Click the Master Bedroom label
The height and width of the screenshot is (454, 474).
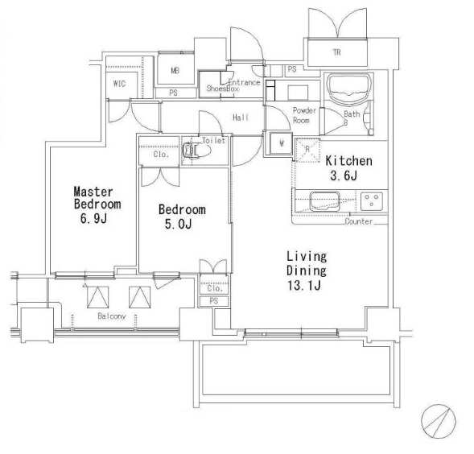[97, 198]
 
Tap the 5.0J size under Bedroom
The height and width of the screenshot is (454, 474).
[179, 224]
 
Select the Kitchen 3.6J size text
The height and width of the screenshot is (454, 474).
[344, 175]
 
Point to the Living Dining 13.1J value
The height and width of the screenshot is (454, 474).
[304, 285]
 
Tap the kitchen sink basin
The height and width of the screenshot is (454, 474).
[324, 201]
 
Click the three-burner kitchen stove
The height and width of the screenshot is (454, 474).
[372, 200]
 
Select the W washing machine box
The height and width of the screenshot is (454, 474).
[281, 143]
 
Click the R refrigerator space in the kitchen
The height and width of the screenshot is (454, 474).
[307, 150]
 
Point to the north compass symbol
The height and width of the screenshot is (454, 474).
[439, 421]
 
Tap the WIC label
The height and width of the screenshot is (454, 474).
[119, 84]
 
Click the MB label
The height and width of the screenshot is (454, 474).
[175, 71]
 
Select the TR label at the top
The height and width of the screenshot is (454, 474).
[336, 52]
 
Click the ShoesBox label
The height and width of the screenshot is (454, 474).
[223, 89]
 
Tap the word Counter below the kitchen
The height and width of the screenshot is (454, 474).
[359, 221]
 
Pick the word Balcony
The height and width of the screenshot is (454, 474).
[112, 316]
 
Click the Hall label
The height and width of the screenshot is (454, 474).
[241, 117]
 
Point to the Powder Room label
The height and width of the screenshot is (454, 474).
[304, 115]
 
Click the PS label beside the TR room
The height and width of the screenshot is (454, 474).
[292, 69]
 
